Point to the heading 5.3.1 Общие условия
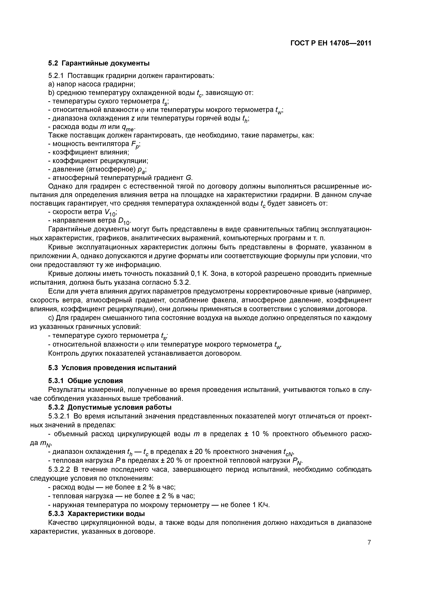click(x=85, y=381)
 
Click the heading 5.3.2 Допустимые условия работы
click(x=110, y=407)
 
